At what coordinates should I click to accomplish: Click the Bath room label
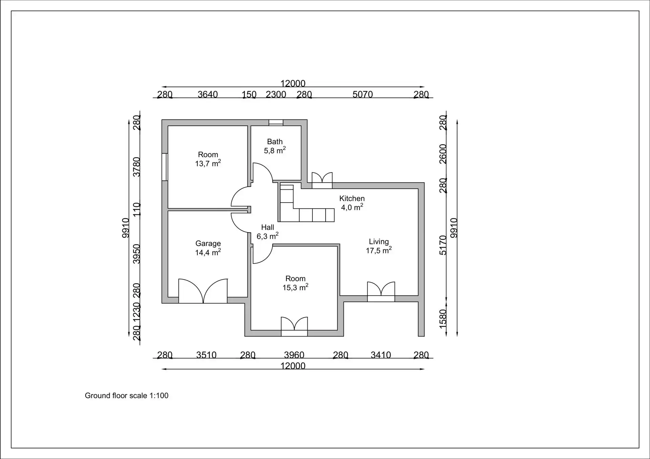[x=275, y=142]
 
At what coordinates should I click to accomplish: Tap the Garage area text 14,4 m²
[x=208, y=252]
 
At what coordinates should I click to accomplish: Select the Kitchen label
[x=352, y=199]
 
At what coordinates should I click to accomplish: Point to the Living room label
[x=379, y=242]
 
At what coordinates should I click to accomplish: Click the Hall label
[x=267, y=227]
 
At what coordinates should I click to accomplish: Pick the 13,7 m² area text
[x=208, y=163]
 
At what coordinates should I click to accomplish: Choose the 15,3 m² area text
[x=296, y=287]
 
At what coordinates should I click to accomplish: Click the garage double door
[x=203, y=291]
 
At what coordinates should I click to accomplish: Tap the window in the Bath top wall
[x=276, y=123]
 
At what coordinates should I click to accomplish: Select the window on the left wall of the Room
[x=165, y=167]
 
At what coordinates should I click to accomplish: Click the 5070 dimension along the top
[x=363, y=94]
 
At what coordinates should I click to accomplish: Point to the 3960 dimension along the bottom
[x=294, y=355]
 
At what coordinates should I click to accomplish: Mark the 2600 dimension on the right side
[x=443, y=154]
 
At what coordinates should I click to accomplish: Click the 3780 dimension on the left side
[x=136, y=167]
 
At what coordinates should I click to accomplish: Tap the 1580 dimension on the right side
[x=443, y=318]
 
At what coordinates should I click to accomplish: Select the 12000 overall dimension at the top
[x=293, y=83]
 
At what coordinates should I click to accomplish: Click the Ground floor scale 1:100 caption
[x=127, y=395]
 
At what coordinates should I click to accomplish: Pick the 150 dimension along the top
[x=249, y=94]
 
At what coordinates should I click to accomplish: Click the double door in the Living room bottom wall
[x=381, y=292]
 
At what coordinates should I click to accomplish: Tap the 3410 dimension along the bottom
[x=381, y=355]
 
